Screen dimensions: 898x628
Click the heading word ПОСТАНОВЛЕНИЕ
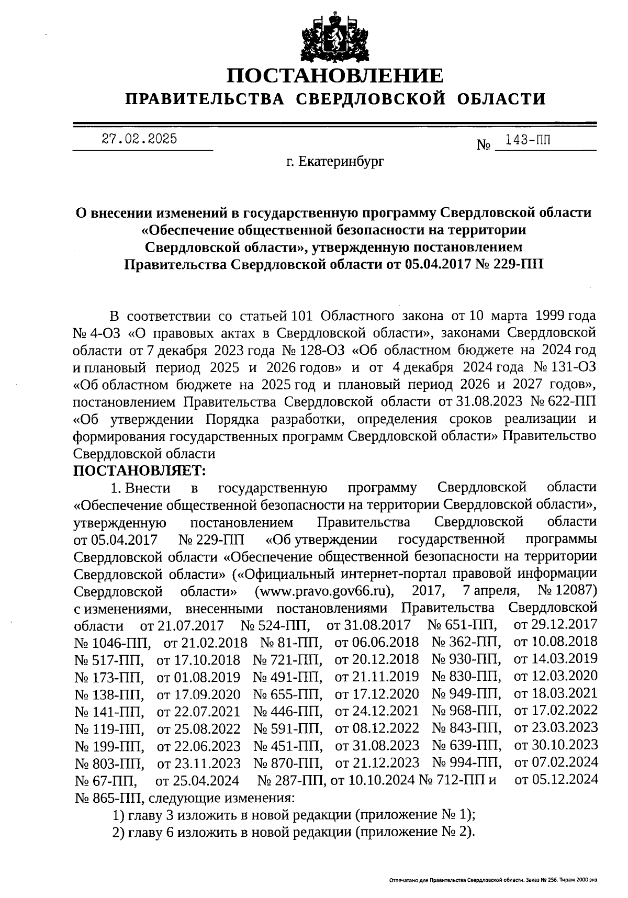click(x=335, y=76)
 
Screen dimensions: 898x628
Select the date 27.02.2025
click(x=139, y=139)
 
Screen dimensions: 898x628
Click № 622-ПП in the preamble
click(x=564, y=402)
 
